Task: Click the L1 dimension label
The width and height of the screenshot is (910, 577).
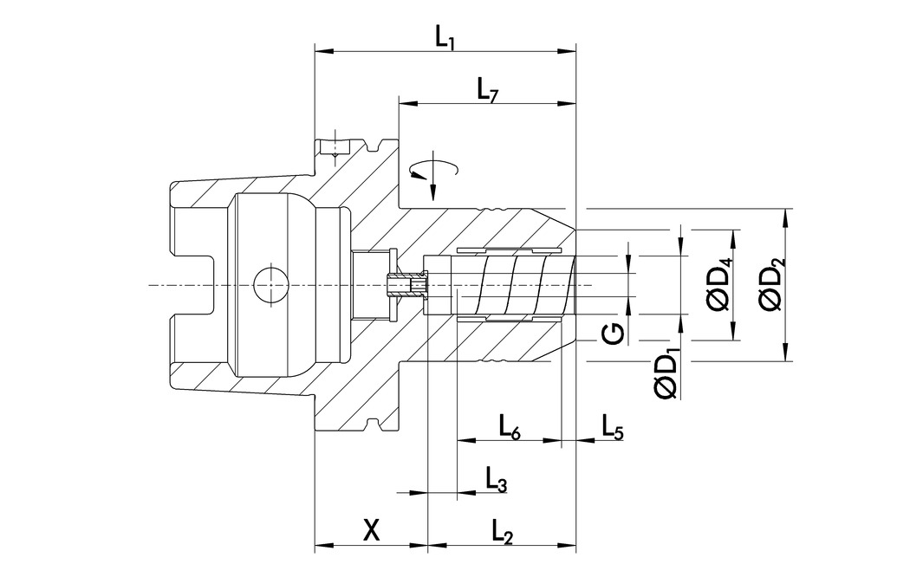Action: pyautogui.click(x=445, y=37)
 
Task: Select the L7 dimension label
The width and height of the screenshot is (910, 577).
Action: pyautogui.click(x=487, y=90)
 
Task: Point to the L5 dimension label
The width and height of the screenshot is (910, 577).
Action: pyautogui.click(x=612, y=425)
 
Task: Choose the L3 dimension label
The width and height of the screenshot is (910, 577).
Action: pyautogui.click(x=496, y=479)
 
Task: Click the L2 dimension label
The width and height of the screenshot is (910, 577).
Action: pyautogui.click(x=503, y=532)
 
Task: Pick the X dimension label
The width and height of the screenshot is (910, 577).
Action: pyautogui.click(x=371, y=530)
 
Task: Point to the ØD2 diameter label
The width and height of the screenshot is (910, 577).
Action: pyautogui.click(x=770, y=285)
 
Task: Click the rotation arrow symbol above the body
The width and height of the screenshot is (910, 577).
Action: pyautogui.click(x=432, y=171)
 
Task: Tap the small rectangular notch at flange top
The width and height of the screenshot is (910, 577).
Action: pyautogui.click(x=330, y=147)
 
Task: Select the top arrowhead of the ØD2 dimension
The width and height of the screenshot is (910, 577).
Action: pyautogui.click(x=785, y=214)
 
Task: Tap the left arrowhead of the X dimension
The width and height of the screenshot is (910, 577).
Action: pyautogui.click(x=319, y=547)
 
